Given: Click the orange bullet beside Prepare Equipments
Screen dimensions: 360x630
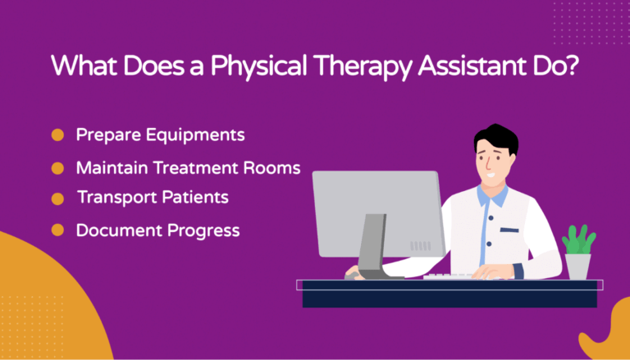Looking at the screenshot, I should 57,134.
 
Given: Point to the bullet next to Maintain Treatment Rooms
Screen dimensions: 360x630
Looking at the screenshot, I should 57,168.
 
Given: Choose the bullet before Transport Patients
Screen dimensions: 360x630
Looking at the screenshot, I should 57,199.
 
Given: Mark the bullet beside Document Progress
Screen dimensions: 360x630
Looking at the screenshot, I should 57,231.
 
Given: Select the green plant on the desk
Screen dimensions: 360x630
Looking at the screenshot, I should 577,240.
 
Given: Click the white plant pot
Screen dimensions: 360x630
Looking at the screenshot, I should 577,267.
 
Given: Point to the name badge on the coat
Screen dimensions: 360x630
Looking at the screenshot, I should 509,230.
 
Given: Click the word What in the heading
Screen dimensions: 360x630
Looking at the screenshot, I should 82,66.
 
